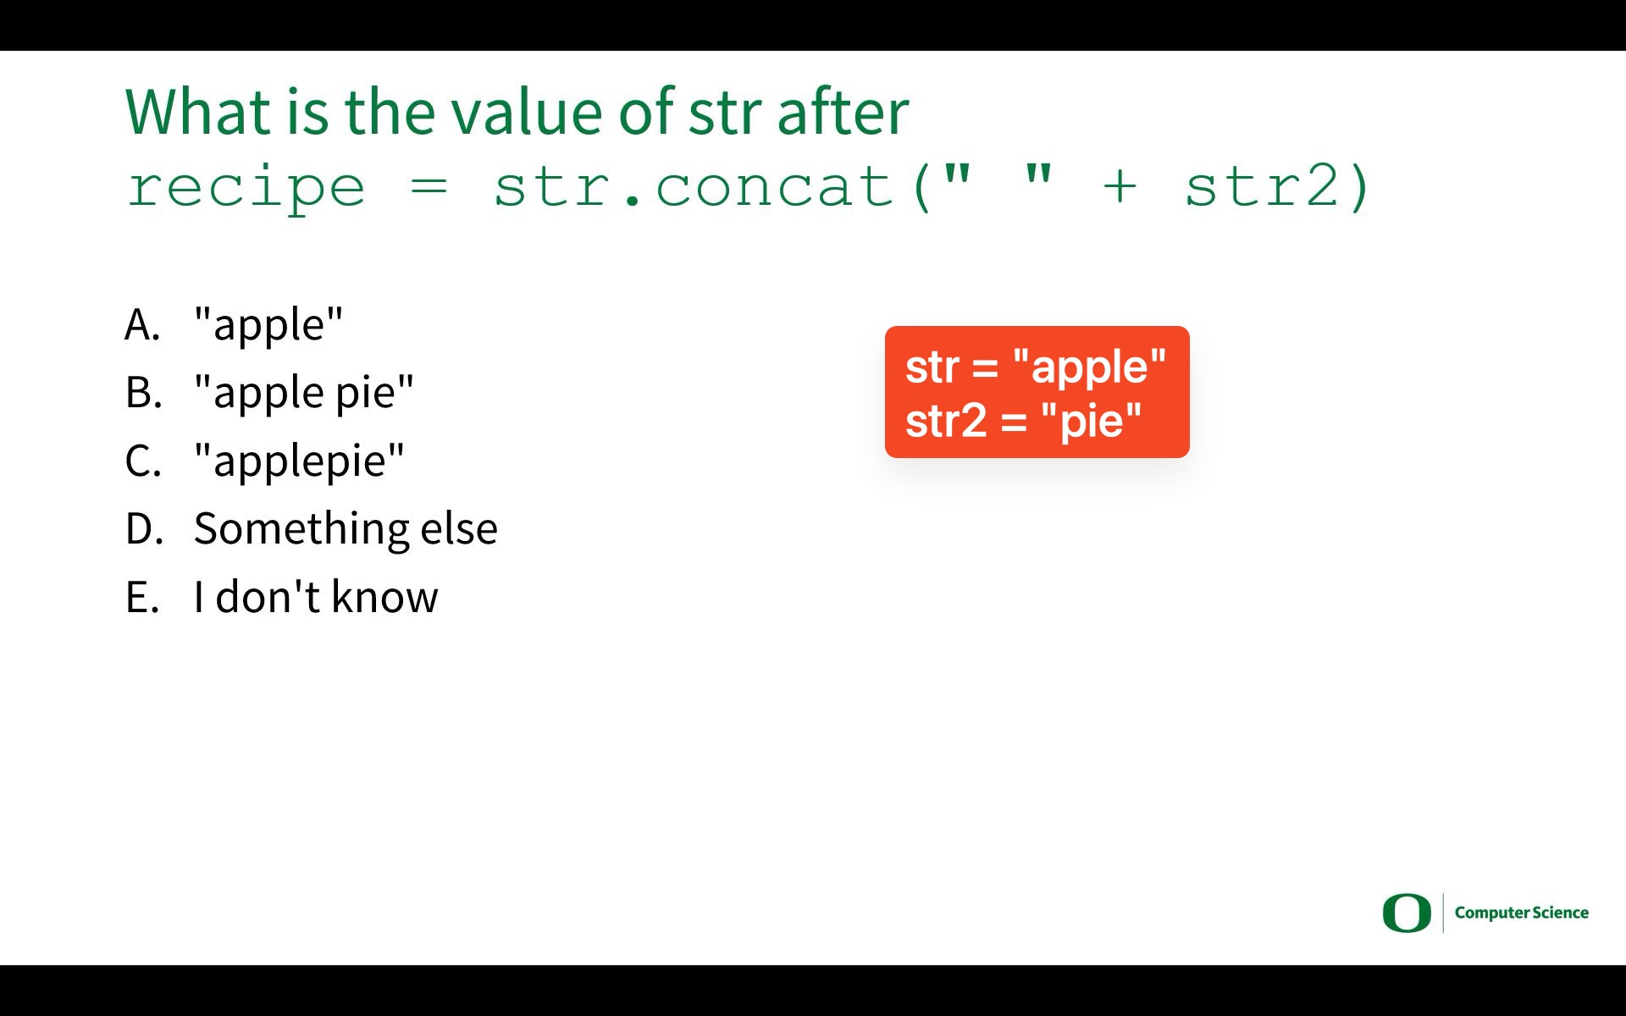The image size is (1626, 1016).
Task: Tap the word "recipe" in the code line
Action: coord(246,188)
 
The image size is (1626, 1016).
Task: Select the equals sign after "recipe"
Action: coord(429,188)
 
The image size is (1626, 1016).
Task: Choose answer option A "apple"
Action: coord(268,323)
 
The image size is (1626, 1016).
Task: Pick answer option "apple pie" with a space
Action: coord(304,392)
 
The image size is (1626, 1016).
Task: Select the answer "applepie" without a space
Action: coord(299,461)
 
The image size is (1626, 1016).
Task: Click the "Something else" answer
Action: coord(346,528)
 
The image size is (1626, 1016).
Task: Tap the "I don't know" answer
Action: coord(316,596)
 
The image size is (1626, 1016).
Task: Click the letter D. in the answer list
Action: coord(144,528)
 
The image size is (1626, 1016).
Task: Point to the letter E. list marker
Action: coord(142,597)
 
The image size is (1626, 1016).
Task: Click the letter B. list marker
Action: coord(143,392)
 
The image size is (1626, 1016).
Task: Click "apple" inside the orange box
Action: coord(1089,367)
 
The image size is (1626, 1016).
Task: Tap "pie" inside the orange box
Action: coord(1092,420)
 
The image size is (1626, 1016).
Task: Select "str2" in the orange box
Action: coord(946,421)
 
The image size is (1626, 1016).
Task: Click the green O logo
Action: coord(1407,913)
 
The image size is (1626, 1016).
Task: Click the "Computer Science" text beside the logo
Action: coord(1522,913)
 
